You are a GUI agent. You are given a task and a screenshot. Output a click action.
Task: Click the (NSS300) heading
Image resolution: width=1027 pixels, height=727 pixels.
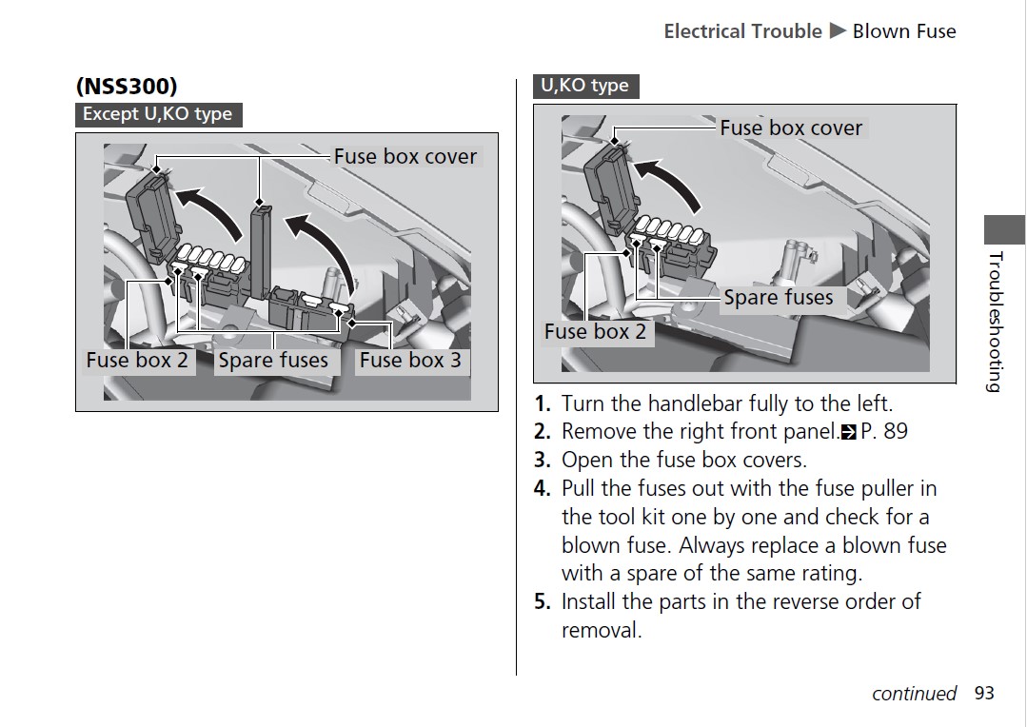click(x=127, y=86)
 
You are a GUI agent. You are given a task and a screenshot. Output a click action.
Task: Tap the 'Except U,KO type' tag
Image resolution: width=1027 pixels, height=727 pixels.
click(x=157, y=114)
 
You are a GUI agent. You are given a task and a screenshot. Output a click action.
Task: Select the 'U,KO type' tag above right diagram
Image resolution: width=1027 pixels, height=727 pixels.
click(x=584, y=86)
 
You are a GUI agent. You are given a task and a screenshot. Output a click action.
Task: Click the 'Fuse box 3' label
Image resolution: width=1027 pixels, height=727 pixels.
click(x=410, y=361)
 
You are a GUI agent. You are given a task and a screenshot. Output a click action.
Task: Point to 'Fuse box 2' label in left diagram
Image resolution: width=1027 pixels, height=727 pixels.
click(x=137, y=361)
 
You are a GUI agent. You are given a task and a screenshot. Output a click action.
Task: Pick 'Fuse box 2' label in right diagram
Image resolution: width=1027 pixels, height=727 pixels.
click(x=595, y=332)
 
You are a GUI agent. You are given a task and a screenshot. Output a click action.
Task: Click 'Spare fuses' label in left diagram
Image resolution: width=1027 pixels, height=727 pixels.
click(x=273, y=361)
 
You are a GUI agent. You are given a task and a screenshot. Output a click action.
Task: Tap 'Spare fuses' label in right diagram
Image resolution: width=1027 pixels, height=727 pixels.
click(x=778, y=298)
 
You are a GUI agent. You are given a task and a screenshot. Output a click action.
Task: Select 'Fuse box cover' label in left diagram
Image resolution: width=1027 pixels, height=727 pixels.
click(x=405, y=157)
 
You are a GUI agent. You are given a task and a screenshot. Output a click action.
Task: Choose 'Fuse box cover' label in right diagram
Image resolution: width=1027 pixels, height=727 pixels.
click(x=790, y=128)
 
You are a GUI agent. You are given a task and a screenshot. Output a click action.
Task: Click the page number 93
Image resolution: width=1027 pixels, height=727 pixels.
click(x=983, y=694)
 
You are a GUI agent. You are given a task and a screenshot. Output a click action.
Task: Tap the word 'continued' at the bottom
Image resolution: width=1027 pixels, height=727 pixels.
click(x=914, y=694)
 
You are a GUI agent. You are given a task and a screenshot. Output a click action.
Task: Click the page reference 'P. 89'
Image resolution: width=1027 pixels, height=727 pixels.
click(x=883, y=432)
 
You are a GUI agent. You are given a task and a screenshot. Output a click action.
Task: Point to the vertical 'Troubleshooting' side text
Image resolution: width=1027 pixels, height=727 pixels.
click(x=995, y=322)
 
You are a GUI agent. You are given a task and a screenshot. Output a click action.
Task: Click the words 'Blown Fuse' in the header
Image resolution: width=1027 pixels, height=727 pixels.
click(x=903, y=31)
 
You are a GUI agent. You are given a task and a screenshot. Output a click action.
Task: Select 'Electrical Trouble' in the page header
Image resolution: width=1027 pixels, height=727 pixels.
click(x=742, y=31)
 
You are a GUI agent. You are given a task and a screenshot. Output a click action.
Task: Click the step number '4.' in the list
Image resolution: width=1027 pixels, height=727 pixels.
click(x=543, y=489)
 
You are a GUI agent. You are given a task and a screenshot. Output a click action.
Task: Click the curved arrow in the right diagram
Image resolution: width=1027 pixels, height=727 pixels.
click(x=670, y=181)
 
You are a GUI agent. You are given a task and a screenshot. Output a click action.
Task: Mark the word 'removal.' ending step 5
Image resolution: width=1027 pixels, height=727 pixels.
click(x=602, y=630)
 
